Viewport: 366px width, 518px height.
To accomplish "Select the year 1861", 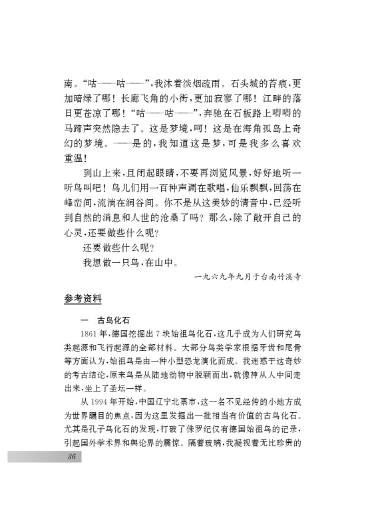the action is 87,334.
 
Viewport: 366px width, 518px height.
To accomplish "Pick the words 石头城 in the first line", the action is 248,86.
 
